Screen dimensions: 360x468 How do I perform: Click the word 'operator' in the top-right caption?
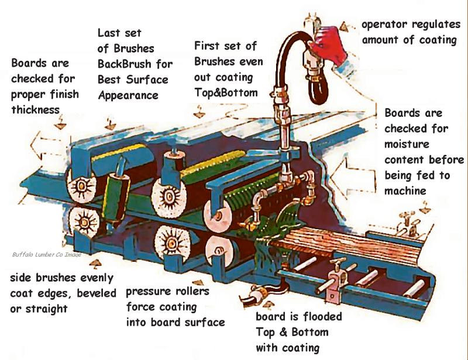pos(383,25)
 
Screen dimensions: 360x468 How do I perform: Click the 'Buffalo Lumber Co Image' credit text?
pos(46,254)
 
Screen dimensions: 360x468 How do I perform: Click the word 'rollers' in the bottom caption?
pos(191,292)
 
